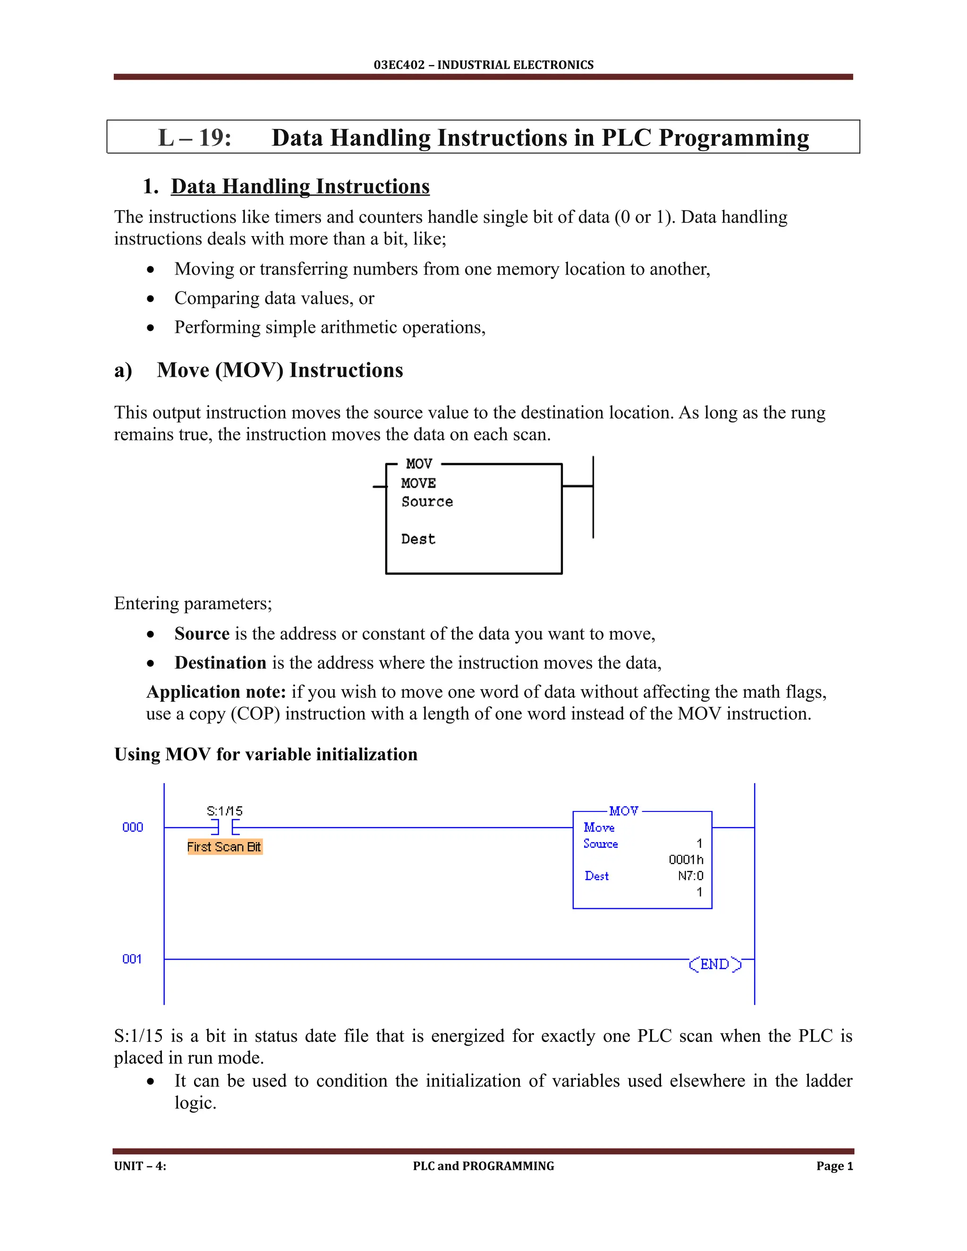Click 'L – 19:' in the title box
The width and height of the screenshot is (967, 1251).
(195, 138)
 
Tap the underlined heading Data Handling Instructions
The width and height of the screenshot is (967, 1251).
(300, 187)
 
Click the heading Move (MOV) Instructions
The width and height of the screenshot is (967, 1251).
(280, 370)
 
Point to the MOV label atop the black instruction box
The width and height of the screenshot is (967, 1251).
(419, 464)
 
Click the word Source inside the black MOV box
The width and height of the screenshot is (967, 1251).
(427, 502)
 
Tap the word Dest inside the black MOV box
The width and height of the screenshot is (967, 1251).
(418, 539)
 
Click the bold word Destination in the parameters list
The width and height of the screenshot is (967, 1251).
(220, 663)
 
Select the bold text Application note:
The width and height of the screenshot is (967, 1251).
(216, 692)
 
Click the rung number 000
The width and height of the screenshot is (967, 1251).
(132, 827)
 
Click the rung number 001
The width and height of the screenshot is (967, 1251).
(132, 959)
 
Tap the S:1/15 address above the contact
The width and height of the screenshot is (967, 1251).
(225, 811)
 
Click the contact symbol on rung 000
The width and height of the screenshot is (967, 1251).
(225, 827)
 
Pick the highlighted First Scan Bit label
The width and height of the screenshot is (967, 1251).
(225, 846)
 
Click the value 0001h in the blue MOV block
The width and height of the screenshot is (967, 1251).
(685, 860)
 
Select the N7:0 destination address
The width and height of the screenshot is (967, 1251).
(690, 876)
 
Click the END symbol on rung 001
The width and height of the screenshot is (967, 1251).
(714, 964)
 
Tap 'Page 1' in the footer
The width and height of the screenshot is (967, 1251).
(834, 1166)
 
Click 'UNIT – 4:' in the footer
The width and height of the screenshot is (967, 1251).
(140, 1166)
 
